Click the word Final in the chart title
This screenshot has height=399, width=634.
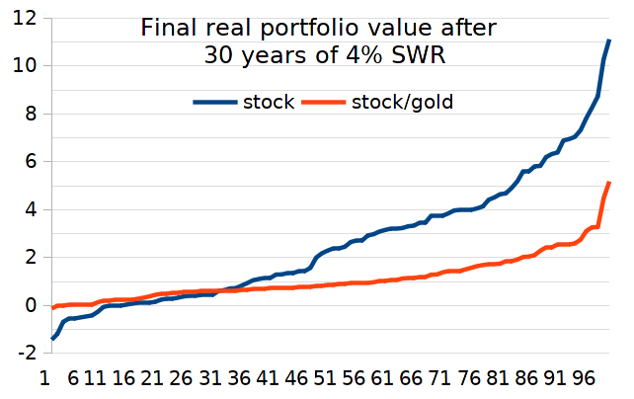pyautogui.click(x=166, y=28)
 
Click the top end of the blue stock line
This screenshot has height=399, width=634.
pyautogui.click(x=609, y=40)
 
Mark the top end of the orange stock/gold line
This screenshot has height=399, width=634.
pyautogui.click(x=609, y=183)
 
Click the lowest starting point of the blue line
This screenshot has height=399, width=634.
pyautogui.click(x=52, y=339)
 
